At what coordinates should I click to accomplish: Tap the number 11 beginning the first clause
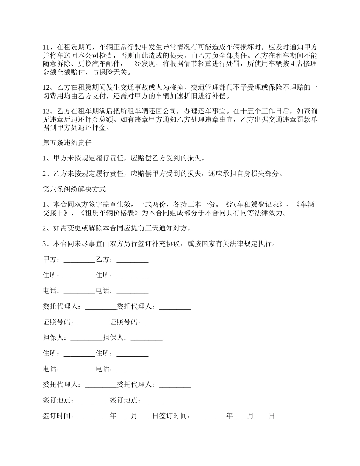47,47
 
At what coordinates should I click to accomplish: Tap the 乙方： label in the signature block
106,260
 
